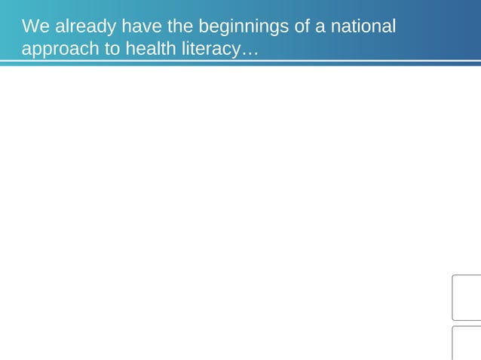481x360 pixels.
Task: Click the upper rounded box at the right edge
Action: (467, 298)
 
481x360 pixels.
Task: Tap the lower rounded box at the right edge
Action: (467, 343)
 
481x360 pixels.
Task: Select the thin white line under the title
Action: (240, 61)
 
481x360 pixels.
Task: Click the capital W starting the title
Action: (30, 27)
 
